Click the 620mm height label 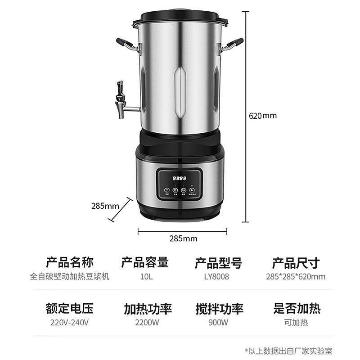[263, 115]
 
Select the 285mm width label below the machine [182, 238]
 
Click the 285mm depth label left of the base [105, 206]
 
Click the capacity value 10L [147, 277]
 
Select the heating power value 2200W [147, 322]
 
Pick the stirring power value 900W [219, 322]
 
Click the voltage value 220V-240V [69, 322]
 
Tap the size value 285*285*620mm [296, 277]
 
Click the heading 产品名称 [70, 262]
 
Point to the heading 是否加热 [297, 309]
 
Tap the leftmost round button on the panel [167, 190]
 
